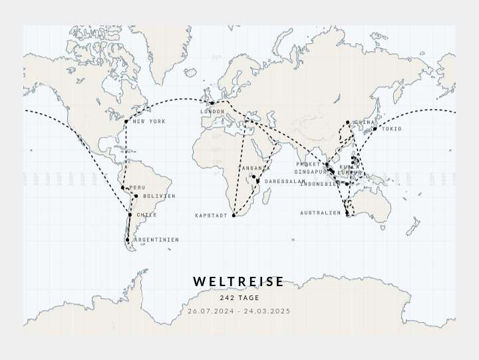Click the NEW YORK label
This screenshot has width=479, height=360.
(149, 122)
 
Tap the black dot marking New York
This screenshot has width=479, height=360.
(126, 121)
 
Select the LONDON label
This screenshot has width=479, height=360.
(212, 112)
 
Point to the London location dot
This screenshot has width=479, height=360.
(212, 103)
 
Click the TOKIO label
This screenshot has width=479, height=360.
(392, 129)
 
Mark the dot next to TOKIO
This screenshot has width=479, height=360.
(375, 129)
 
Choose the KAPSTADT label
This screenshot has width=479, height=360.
(211, 216)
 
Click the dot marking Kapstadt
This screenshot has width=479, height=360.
(234, 216)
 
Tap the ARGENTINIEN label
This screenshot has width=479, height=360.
(156, 240)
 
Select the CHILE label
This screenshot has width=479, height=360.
(146, 216)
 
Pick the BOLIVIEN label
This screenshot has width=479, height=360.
(158, 196)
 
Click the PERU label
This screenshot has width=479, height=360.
(137, 188)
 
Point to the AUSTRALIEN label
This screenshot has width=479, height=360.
(320, 214)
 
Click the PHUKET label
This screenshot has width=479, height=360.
(308, 164)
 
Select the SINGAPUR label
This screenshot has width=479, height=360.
(311, 172)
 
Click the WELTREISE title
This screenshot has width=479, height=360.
(239, 281)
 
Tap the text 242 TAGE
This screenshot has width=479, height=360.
(239, 298)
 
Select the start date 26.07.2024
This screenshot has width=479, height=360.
(211, 311)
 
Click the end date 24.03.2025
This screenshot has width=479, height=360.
(267, 311)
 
